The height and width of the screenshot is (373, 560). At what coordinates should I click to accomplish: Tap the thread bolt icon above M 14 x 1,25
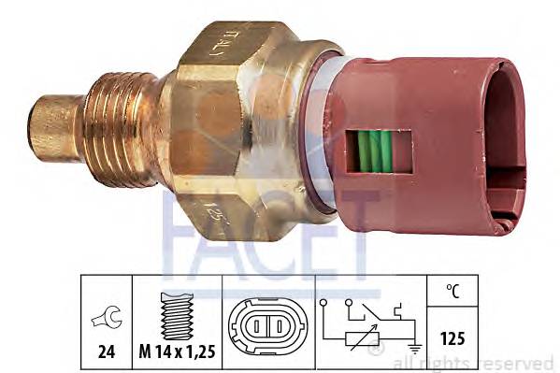tap(175, 315)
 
